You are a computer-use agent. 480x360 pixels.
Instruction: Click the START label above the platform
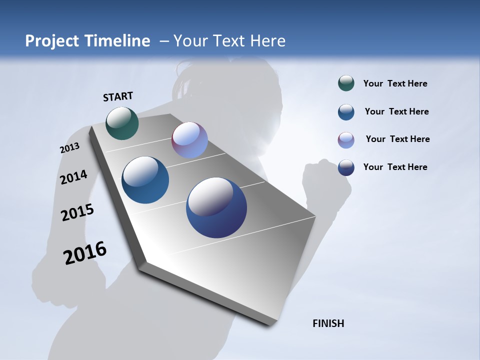click(x=118, y=96)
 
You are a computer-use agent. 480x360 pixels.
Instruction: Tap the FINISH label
click(x=328, y=323)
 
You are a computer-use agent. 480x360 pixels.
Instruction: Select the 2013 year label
click(x=69, y=148)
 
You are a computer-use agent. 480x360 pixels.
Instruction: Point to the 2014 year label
click(x=73, y=177)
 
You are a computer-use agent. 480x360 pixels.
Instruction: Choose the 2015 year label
click(x=77, y=212)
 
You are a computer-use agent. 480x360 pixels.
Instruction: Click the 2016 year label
click(x=85, y=253)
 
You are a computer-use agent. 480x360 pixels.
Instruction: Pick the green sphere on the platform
click(x=122, y=123)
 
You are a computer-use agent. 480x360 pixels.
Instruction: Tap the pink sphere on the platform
click(x=189, y=140)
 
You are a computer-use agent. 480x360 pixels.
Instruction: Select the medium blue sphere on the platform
click(x=145, y=180)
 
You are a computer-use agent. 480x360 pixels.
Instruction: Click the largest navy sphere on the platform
click(x=216, y=207)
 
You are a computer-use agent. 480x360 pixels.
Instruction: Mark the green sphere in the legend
click(x=346, y=83)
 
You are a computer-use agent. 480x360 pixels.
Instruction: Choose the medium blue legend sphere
click(x=346, y=112)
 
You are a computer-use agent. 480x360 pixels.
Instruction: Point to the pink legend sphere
click(x=346, y=140)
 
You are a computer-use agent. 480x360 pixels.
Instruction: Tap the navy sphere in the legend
click(x=346, y=167)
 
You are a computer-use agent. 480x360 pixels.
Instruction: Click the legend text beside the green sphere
click(x=395, y=83)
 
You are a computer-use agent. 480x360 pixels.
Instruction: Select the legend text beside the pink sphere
click(x=397, y=139)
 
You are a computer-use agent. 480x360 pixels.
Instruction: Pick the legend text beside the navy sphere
click(x=395, y=167)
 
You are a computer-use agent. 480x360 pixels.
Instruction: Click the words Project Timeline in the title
click(x=87, y=41)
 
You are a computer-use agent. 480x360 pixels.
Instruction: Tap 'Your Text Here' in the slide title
click(x=229, y=41)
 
